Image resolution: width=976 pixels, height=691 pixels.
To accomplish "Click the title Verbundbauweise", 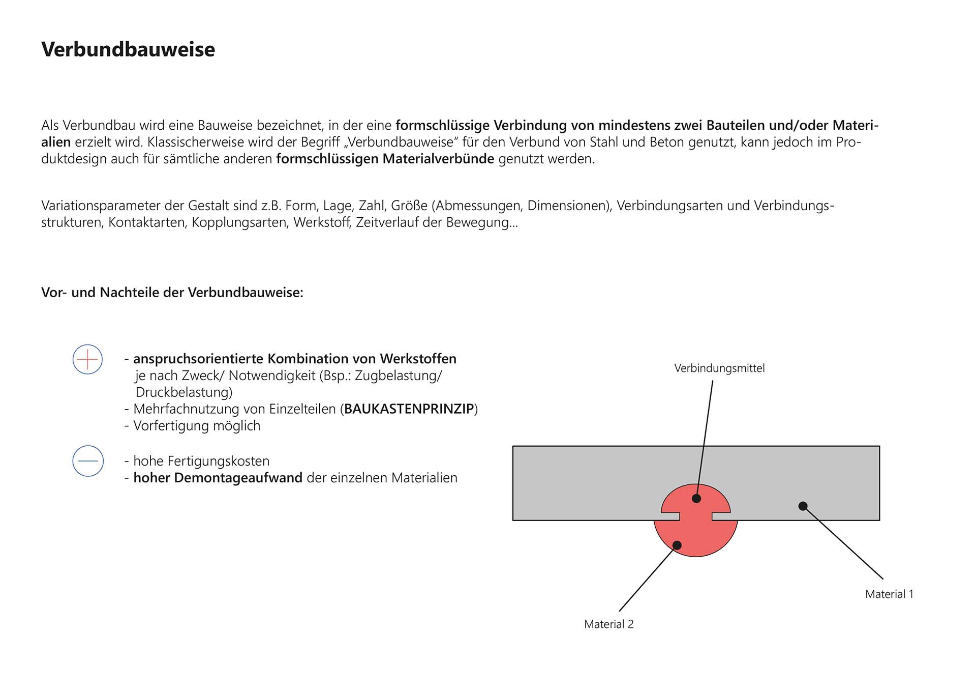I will click(128, 49).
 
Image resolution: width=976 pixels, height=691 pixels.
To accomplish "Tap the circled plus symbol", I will click(87, 360).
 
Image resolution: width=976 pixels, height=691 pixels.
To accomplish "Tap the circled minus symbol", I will click(88, 461).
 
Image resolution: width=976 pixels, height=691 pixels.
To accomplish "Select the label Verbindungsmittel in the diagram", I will click(719, 368).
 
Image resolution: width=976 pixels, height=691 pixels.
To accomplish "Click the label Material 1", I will click(889, 594).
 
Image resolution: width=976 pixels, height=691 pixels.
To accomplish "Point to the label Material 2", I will click(608, 624).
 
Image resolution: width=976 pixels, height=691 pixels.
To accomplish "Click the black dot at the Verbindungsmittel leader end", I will click(696, 499).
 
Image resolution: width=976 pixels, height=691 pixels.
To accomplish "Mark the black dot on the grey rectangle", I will click(803, 506).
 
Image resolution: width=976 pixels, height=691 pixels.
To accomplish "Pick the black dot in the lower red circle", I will click(677, 545).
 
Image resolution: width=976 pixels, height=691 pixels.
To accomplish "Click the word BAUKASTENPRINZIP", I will click(409, 409).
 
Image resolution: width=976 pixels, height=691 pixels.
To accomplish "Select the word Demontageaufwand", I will click(238, 478).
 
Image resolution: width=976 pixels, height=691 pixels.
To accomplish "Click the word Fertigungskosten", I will click(219, 461).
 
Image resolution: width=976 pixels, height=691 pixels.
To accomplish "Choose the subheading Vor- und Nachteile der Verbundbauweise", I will click(172, 293).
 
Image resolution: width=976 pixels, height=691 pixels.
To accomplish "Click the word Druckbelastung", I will click(184, 392).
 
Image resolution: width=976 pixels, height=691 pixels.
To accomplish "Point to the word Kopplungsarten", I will click(239, 222).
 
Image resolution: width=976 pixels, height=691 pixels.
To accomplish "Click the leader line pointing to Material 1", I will click(844, 543).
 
